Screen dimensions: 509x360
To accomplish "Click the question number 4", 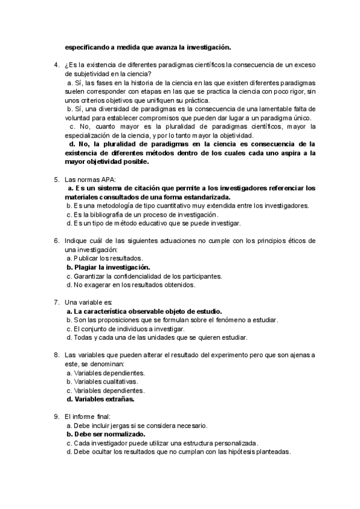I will tap(56, 64).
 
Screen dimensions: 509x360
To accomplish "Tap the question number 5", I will tap(56, 179).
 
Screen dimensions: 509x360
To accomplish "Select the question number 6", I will tap(56, 240).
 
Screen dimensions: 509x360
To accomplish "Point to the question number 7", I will tap(56, 302).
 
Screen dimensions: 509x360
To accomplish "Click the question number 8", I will tap(56, 355).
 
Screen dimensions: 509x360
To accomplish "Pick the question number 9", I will tap(56, 417).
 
